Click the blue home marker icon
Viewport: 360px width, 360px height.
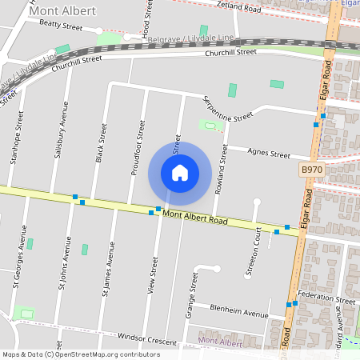[180, 172]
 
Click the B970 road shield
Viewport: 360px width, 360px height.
[312, 170]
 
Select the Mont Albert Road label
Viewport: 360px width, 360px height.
[195, 216]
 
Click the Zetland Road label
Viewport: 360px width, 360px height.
[239, 9]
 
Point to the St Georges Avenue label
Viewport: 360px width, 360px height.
[16, 259]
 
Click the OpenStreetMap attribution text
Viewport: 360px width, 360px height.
[80, 354]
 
